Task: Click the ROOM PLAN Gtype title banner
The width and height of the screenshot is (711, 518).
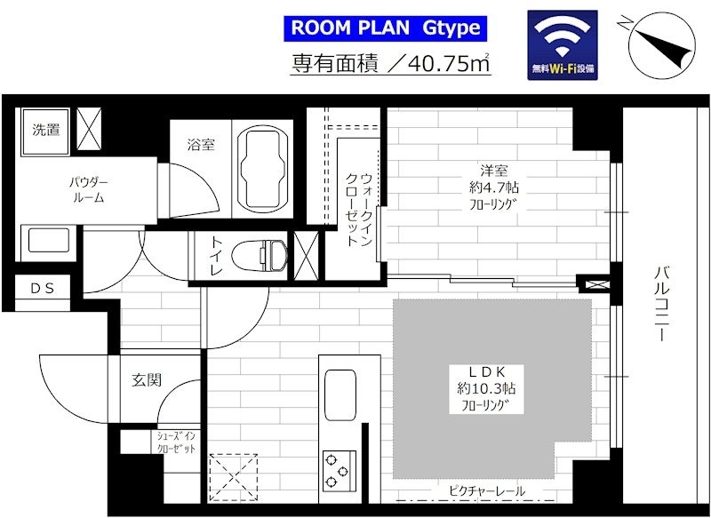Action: [x=385, y=28]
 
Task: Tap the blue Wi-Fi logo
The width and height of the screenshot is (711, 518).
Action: [x=563, y=44]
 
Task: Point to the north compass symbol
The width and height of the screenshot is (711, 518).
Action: [x=662, y=44]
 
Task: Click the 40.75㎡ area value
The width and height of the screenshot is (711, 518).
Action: [x=449, y=63]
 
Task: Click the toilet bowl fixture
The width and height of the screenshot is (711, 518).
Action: [x=259, y=256]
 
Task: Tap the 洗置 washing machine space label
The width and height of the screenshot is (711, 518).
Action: [x=46, y=130]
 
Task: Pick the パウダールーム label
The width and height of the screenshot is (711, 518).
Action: [x=89, y=190]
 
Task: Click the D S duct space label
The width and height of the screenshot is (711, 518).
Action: [x=43, y=288]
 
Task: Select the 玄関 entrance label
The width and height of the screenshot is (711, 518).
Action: [x=147, y=379]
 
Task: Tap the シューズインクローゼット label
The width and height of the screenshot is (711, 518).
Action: [x=176, y=442]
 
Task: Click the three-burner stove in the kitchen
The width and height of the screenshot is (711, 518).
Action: [x=340, y=472]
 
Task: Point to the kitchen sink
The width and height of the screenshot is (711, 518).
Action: [x=340, y=394]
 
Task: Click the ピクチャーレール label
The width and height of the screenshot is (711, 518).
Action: [x=487, y=490]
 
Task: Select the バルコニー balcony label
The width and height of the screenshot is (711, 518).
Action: [x=662, y=304]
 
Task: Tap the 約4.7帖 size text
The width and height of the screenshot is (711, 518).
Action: [x=494, y=187]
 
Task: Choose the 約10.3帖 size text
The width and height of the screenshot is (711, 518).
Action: [x=486, y=388]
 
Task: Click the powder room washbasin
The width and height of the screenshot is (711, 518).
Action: [x=49, y=240]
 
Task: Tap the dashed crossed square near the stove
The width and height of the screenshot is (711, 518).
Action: [x=233, y=477]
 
